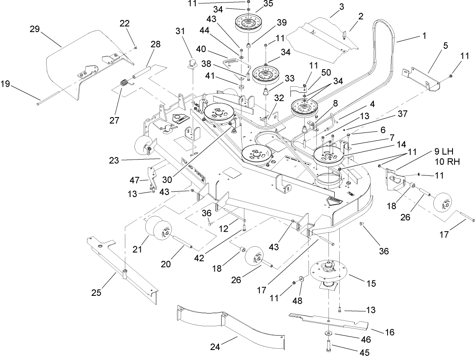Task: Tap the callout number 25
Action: [96, 292]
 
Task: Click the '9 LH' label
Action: [443, 153]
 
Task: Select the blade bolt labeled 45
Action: [329, 345]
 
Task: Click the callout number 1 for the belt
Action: [424, 36]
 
